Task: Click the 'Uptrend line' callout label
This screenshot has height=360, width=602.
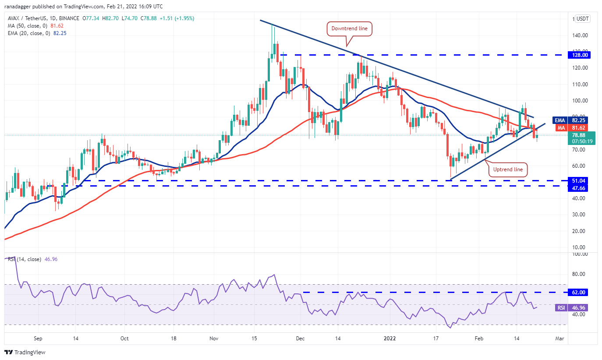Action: tap(507, 169)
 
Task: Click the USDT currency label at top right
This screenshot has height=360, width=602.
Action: tap(583, 19)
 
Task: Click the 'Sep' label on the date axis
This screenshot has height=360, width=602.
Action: tap(38, 339)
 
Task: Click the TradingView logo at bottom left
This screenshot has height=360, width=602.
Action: tap(25, 352)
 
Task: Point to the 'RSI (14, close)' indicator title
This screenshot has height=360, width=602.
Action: tap(25, 259)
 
